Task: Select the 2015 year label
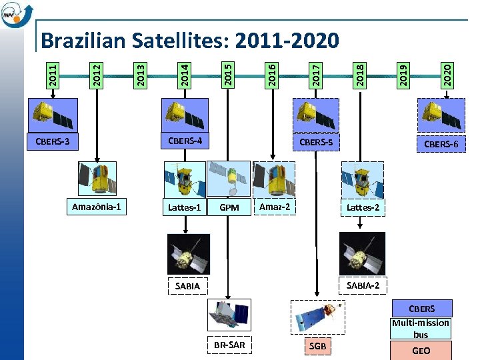coord(227,73)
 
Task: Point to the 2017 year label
coord(317,73)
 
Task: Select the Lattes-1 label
coord(185,207)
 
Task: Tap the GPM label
coord(229,207)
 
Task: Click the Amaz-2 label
coord(275,207)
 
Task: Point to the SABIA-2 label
coord(363,285)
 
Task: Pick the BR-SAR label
coord(229,345)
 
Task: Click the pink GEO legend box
coord(421,351)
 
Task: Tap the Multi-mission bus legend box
coord(421,328)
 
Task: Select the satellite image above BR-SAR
coord(229,315)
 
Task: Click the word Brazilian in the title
coord(83,41)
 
